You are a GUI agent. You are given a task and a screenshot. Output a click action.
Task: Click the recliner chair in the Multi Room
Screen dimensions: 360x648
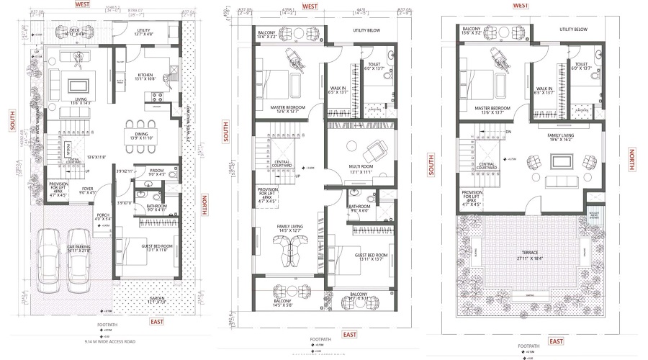click(x=374, y=151)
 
